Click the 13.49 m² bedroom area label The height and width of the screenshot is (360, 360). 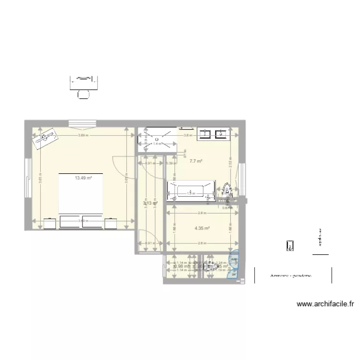83,178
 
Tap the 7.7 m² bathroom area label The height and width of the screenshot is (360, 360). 195,161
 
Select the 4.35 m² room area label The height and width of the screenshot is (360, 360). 202,228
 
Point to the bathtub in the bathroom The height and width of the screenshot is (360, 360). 191,191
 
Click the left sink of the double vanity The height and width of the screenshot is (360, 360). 204,132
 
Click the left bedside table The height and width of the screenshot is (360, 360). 50,223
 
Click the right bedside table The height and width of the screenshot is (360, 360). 110,223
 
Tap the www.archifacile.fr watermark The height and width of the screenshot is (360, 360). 325,304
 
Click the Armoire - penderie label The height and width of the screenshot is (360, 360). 291,276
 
